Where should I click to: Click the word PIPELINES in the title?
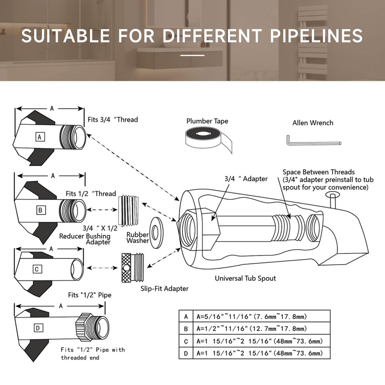(316, 36)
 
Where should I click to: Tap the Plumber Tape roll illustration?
(208, 139)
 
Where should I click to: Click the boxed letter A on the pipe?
(40, 137)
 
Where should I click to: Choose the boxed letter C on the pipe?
(37, 269)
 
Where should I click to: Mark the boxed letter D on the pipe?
(38, 328)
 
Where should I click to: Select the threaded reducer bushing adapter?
(128, 211)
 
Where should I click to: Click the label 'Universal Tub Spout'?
(245, 278)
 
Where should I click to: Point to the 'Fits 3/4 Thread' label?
(113, 119)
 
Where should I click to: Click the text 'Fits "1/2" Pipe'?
(90, 295)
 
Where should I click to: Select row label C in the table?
(186, 341)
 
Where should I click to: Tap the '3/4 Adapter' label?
(246, 179)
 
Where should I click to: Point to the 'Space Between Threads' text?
(319, 172)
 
